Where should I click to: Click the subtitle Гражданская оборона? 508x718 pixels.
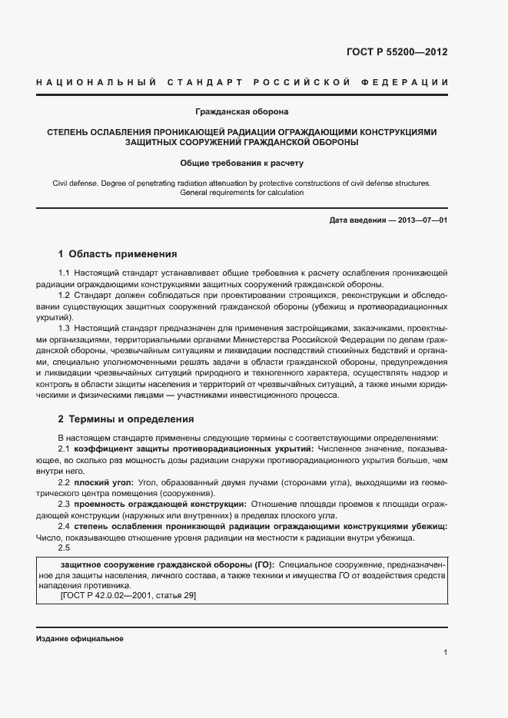click(x=242, y=112)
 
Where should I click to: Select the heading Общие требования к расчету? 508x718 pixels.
click(x=242, y=163)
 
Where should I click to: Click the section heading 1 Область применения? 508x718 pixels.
click(x=118, y=253)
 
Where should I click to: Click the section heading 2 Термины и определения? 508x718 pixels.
click(x=126, y=419)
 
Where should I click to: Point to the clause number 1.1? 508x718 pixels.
click(x=65, y=273)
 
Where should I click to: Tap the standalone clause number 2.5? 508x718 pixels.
click(x=65, y=548)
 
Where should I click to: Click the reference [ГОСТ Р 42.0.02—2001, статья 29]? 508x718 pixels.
click(x=128, y=595)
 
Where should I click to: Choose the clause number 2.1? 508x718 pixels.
click(x=65, y=448)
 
